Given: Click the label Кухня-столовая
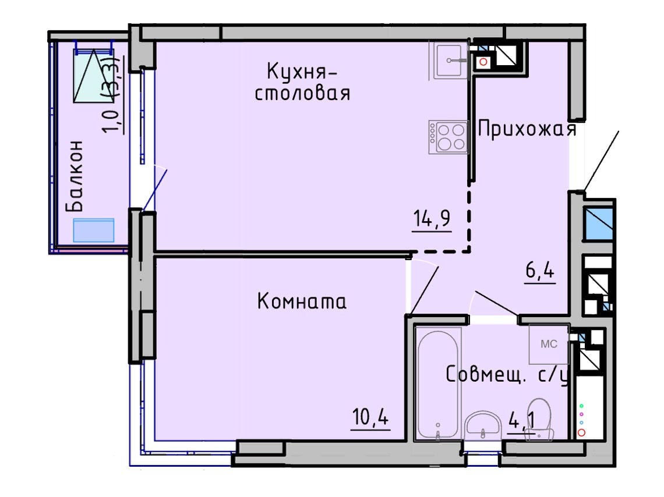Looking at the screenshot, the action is (x=302, y=82).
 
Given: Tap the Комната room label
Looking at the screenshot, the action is (x=302, y=301).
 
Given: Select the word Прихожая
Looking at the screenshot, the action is (x=527, y=129).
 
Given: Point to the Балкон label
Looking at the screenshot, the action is (x=75, y=176).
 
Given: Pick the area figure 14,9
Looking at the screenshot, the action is (x=432, y=219).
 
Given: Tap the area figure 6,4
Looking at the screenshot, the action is (x=540, y=270).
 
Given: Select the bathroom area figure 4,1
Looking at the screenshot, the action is (x=522, y=421).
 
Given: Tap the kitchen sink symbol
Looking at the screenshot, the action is (x=449, y=60).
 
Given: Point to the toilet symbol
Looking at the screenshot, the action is (x=540, y=419).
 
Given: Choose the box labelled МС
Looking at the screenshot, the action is (x=549, y=344).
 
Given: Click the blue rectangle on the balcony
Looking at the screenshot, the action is (x=94, y=230).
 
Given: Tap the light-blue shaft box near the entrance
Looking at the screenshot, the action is (x=598, y=223).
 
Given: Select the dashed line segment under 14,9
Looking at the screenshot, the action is (x=440, y=251).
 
